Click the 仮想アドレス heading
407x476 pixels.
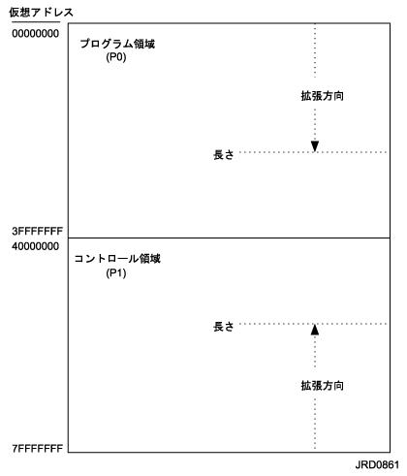41,13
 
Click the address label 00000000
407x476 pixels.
36,34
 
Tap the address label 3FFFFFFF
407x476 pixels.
38,231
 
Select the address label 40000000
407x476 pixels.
36,246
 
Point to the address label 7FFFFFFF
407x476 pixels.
38,449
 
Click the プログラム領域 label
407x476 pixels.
117,44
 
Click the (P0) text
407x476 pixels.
116,57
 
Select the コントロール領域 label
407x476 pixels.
117,259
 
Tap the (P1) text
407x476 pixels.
116,273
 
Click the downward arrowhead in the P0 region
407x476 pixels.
315,146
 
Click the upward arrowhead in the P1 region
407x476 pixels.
315,330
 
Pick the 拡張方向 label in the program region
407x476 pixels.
322,96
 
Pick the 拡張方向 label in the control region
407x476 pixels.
322,386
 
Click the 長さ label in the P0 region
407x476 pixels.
223,155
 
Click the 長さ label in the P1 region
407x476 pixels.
223,327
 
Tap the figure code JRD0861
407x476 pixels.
377,465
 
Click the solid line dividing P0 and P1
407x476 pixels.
229,238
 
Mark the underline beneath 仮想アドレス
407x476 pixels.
36,22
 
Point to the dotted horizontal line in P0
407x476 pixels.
313,152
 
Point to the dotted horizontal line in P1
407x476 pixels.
313,324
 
